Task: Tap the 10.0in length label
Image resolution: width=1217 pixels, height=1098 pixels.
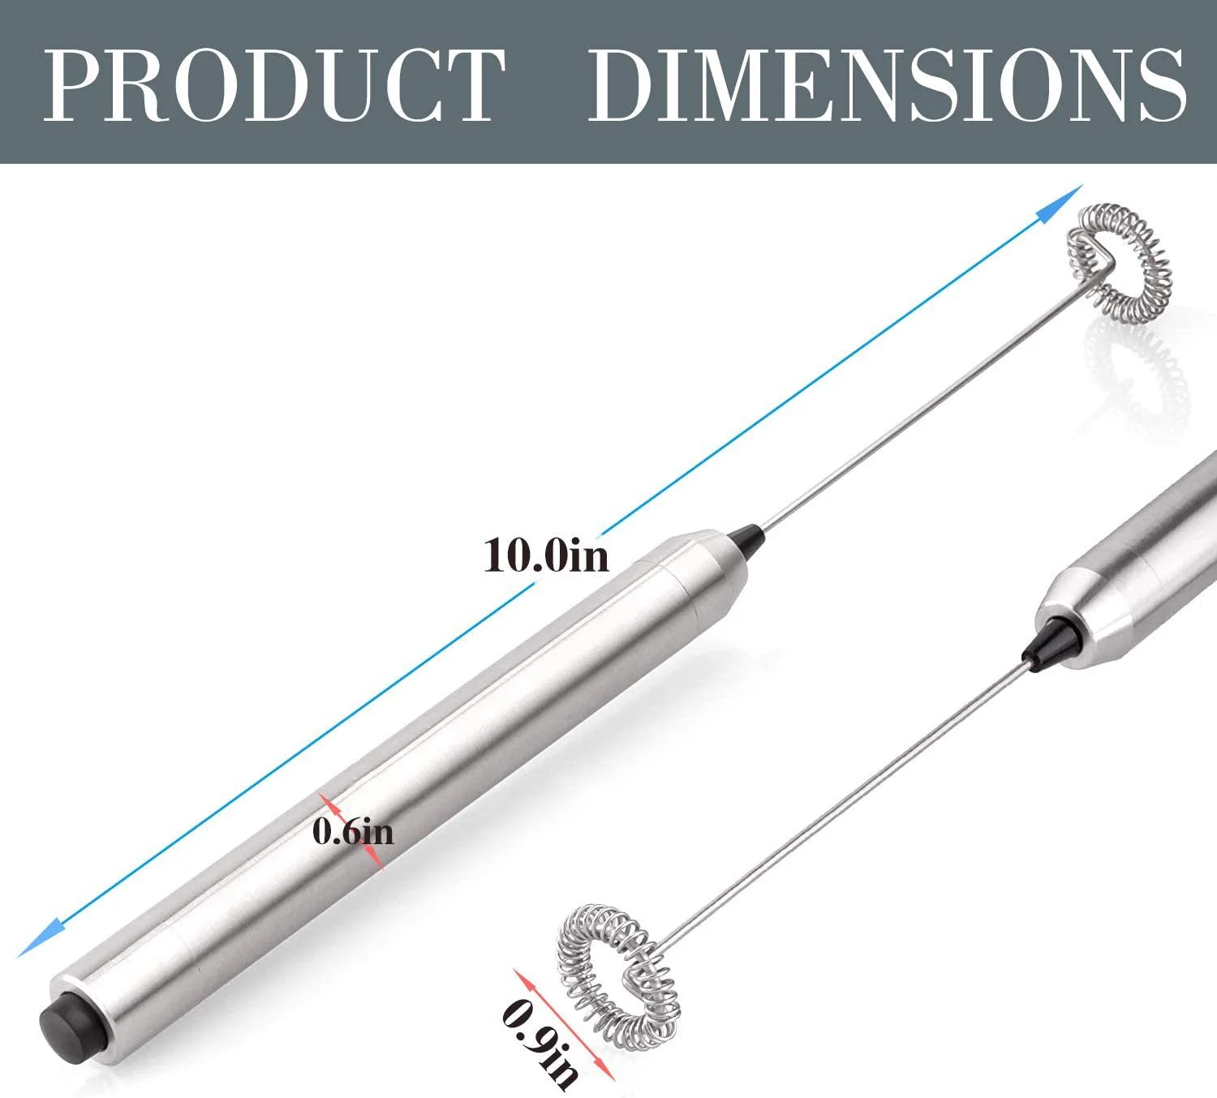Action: tap(545, 556)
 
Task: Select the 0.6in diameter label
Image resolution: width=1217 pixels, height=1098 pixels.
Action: tap(354, 832)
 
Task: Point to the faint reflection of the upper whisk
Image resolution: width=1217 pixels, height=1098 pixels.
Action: tap(1132, 357)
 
